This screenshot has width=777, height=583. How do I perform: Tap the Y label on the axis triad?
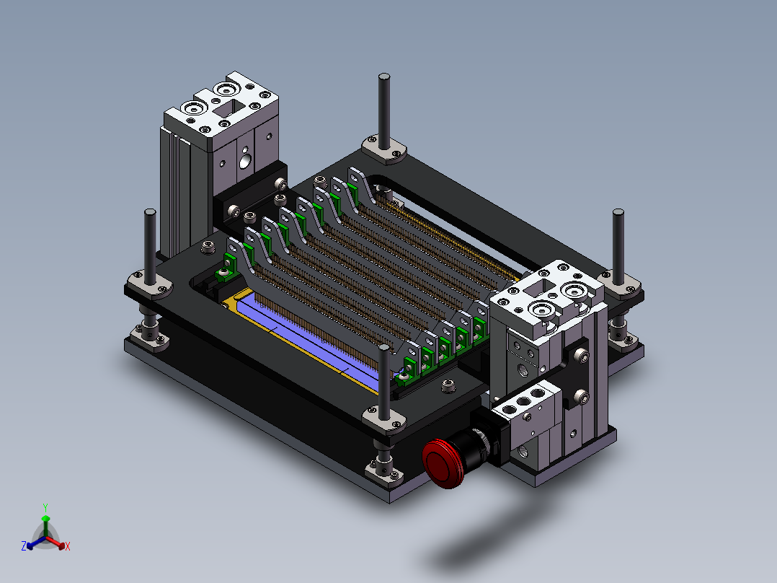coord(45,507)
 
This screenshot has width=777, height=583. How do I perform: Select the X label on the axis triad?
coord(68,546)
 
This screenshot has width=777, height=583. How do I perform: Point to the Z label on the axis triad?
coord(24,545)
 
